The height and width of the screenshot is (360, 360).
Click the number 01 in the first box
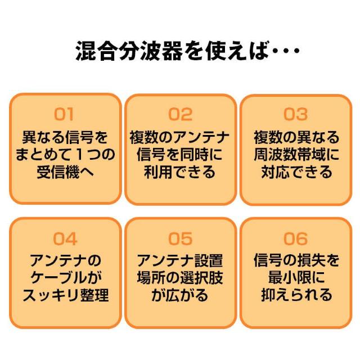tap(64, 114)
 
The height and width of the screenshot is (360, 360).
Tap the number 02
tap(180, 114)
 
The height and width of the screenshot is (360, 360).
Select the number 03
tap(295, 114)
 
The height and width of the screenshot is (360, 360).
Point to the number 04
tap(65, 238)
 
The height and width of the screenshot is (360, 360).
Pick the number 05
tap(180, 238)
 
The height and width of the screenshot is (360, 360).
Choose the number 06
tap(295, 238)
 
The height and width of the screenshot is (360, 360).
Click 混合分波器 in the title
tap(129, 51)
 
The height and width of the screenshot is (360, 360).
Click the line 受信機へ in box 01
tap(65, 172)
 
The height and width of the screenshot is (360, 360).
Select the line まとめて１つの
tap(65, 155)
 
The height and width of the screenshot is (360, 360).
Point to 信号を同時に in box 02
tap(180, 155)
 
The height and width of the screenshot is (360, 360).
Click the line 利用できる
tap(180, 172)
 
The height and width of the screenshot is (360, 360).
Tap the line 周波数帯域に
tap(296, 155)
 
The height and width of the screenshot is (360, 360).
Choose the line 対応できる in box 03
tap(296, 172)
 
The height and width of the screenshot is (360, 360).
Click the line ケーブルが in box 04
tap(66, 277)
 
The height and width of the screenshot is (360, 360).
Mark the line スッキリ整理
tap(66, 295)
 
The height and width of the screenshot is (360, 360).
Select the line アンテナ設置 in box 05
tap(180, 260)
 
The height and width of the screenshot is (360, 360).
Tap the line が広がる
tap(180, 295)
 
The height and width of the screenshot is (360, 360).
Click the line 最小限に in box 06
tap(296, 277)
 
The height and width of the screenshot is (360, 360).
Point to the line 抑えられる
tap(296, 295)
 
